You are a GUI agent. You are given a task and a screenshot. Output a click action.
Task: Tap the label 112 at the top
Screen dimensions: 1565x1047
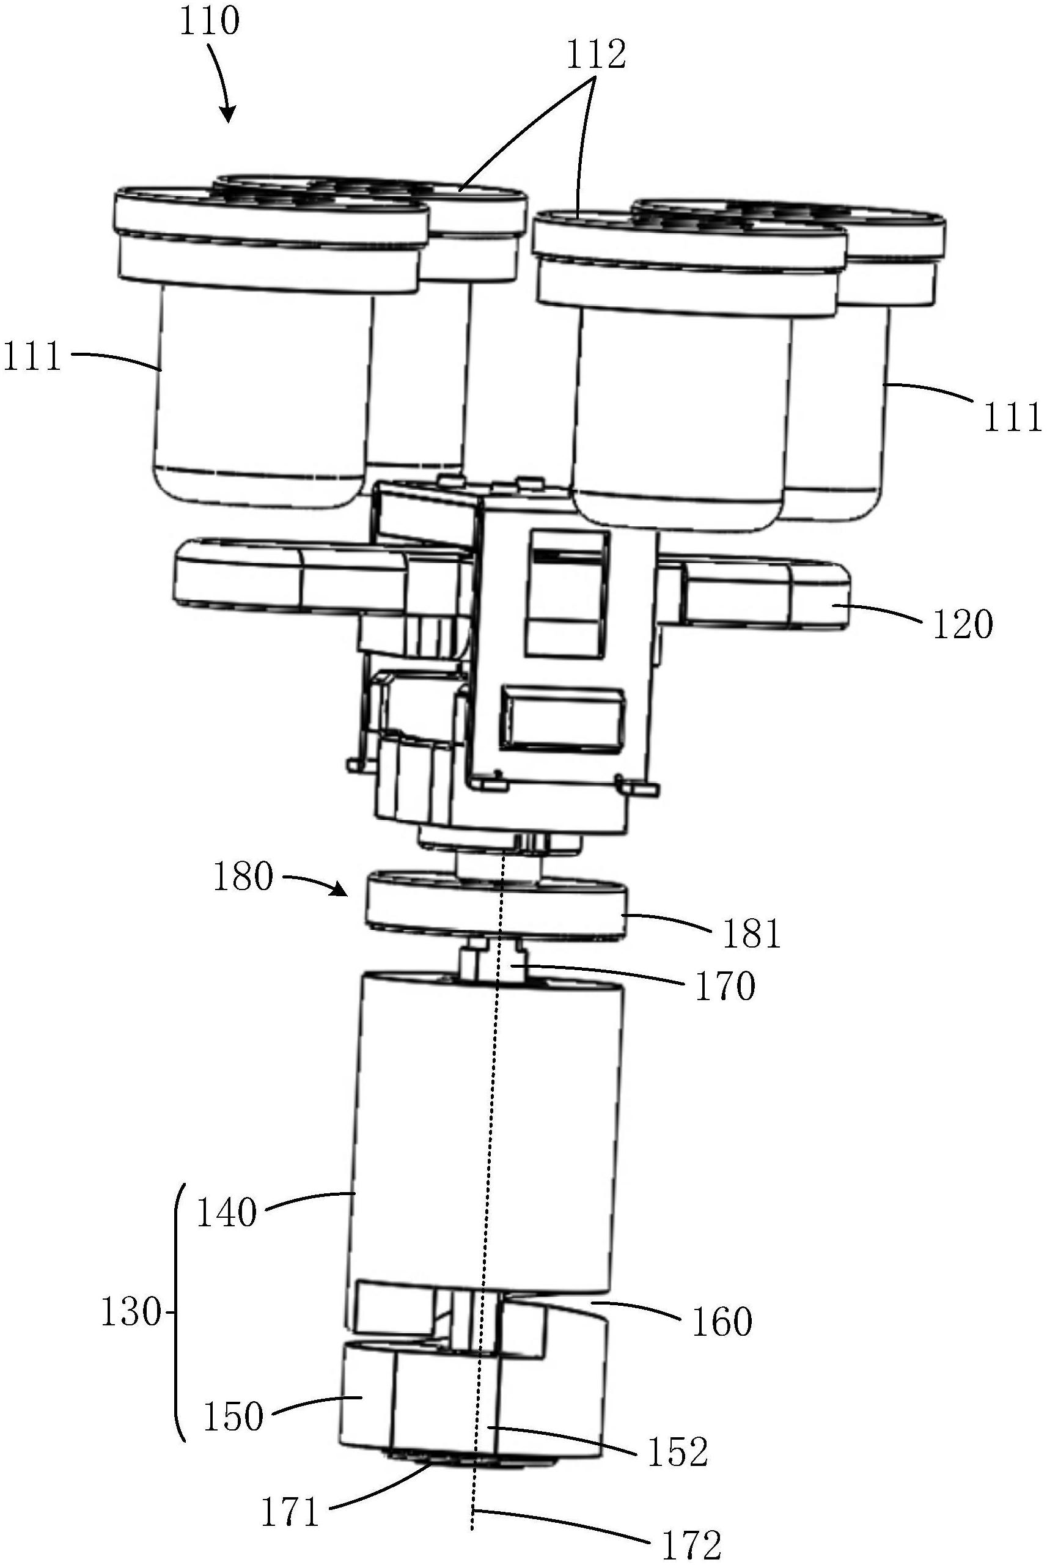597,56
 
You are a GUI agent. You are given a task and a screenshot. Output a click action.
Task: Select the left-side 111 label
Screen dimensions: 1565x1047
32,356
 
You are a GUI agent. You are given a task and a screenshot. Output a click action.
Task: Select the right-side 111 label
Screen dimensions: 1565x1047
1012,417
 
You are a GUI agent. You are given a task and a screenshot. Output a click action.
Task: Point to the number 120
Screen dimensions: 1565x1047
962,625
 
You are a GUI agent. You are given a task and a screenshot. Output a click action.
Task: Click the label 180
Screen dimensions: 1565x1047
243,876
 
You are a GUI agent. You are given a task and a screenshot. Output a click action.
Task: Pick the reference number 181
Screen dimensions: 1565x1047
751,933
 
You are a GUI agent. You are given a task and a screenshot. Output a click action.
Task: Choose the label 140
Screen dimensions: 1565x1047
226,1212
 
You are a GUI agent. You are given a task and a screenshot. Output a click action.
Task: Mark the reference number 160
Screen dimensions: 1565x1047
722,1320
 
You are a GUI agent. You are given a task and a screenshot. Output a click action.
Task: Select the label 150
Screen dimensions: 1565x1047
233,1416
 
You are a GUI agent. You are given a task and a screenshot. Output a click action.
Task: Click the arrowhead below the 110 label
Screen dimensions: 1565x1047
229,116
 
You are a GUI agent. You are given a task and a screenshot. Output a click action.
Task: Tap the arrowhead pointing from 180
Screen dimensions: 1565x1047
340,891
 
